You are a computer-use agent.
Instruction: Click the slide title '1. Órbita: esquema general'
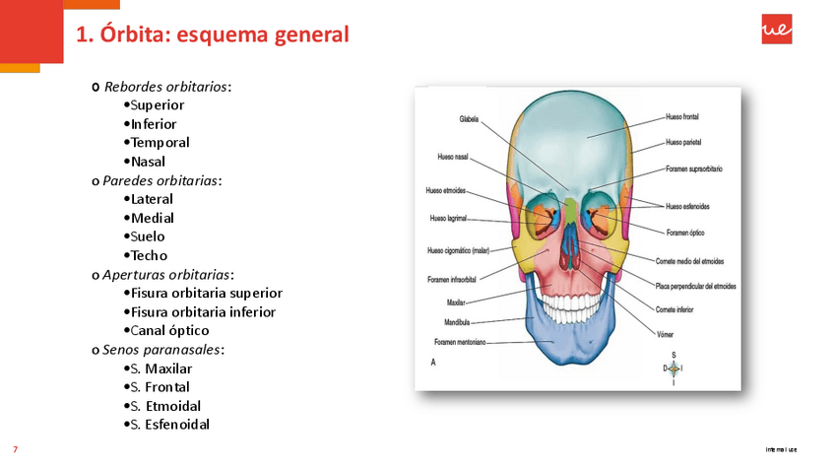click(212, 35)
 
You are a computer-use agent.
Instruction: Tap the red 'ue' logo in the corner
click(776, 31)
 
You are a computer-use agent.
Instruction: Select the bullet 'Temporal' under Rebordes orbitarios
click(160, 142)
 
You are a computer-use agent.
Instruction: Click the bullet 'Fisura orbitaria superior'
click(206, 293)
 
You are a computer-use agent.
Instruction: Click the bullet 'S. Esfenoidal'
click(169, 425)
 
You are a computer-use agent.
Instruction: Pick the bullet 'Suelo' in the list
click(148, 236)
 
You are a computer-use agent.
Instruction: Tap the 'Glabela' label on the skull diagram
click(469, 119)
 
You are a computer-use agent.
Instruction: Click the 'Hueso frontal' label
click(681, 116)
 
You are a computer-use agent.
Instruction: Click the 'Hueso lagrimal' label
click(448, 219)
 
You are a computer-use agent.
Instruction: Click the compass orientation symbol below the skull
click(674, 368)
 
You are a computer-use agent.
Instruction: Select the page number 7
click(15, 449)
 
